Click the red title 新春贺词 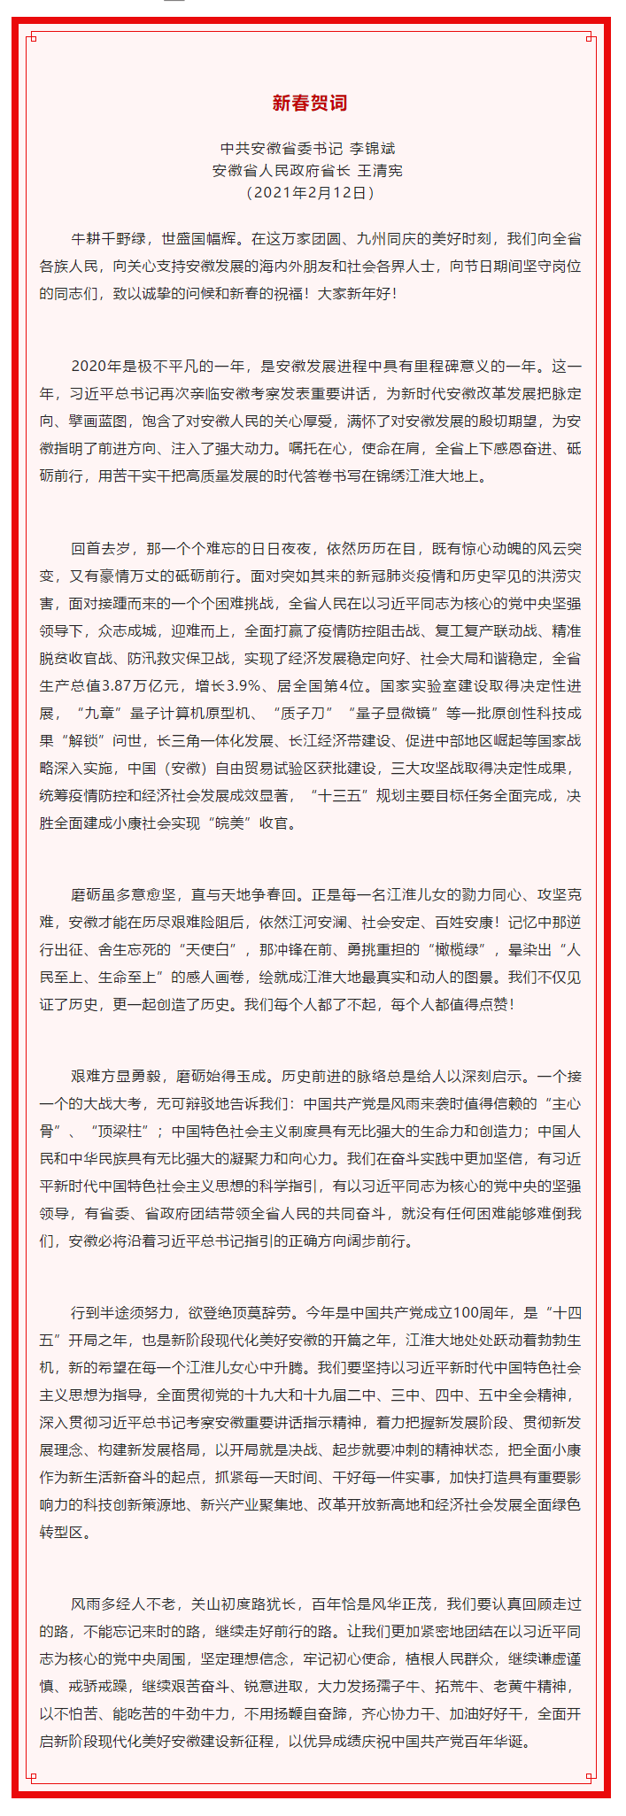tap(309, 104)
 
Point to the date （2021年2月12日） tap(309, 191)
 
